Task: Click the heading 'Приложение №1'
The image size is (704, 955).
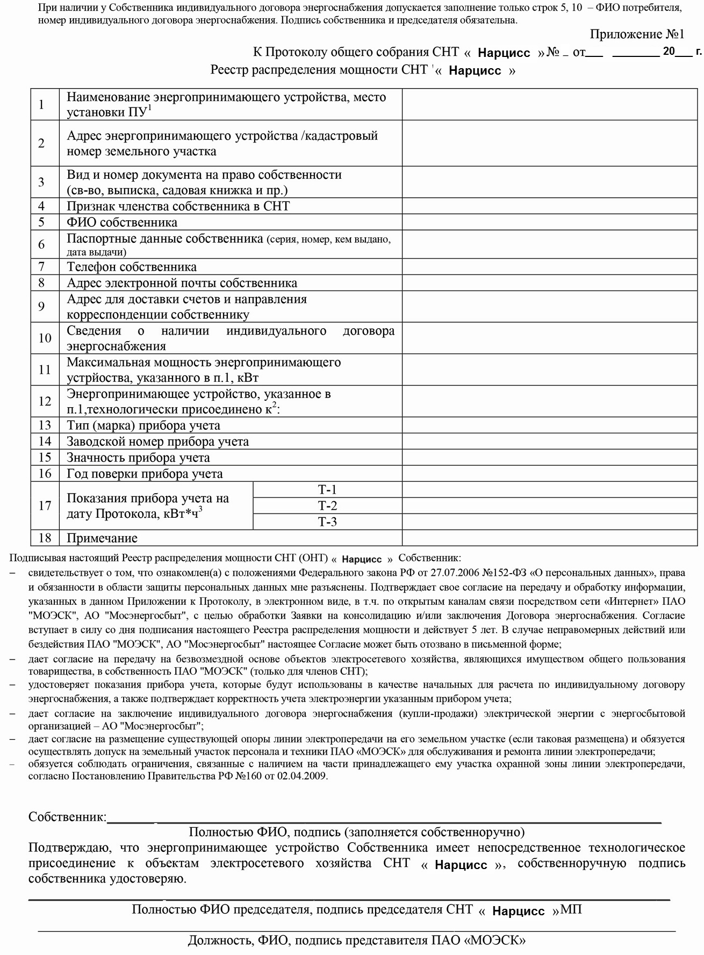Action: coord(637,34)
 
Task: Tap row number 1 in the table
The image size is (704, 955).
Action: coord(41,105)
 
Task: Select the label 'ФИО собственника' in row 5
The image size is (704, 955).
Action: coord(122,222)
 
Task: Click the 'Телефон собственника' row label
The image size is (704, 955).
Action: coord(132,267)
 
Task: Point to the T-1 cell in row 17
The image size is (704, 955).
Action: coord(327,490)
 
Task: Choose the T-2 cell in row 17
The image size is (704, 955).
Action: coord(327,506)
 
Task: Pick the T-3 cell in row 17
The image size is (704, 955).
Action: coord(327,522)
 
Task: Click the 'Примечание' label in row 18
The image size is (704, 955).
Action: coord(102,538)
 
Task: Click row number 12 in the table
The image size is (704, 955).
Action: coord(45,402)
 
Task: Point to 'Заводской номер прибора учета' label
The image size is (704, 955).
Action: coord(157,442)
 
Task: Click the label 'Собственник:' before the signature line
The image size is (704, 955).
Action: coord(68,817)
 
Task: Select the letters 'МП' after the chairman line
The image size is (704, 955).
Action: coord(571,910)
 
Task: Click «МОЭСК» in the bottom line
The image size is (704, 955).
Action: coord(497,940)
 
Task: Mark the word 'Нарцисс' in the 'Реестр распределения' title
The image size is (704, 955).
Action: coord(475,71)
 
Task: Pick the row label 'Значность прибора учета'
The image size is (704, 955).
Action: coord(138,458)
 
